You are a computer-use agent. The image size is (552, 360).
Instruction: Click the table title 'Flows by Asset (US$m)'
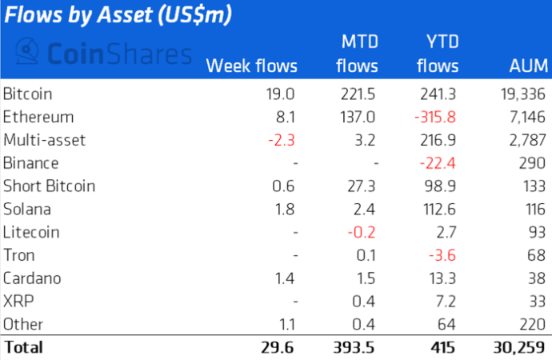(119, 15)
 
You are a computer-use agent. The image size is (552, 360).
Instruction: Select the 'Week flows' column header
(252, 66)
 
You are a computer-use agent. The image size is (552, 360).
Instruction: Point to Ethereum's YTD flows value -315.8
(436, 117)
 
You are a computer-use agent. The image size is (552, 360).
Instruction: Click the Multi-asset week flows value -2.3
(281, 140)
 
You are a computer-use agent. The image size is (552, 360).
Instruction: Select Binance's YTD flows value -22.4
(440, 163)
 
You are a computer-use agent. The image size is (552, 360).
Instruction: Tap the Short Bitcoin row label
(49, 186)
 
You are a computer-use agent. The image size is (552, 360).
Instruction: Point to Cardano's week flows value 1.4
(286, 279)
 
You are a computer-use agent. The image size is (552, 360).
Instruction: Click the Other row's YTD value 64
(448, 325)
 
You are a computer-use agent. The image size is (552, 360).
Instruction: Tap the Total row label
(23, 348)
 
